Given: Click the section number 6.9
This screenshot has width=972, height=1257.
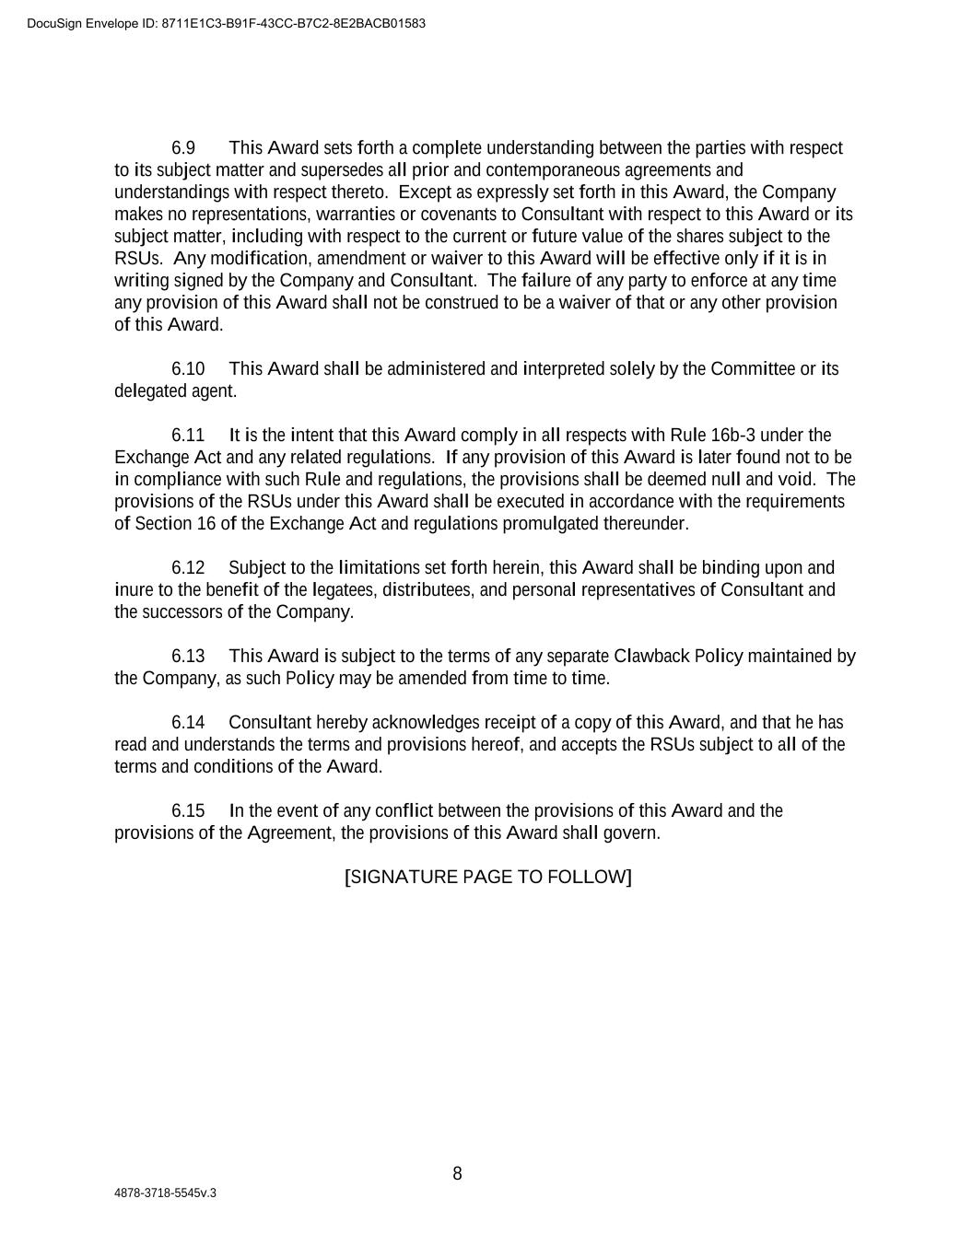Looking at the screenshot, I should pos(183,148).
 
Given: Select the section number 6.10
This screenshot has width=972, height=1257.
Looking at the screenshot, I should pos(188,369).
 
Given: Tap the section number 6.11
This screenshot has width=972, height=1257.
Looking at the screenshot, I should pos(188,436).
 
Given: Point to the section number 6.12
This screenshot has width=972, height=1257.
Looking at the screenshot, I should pos(188,568).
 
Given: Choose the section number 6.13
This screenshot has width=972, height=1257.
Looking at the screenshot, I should pos(188,657).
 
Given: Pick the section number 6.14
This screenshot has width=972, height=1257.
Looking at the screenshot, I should pos(188,723).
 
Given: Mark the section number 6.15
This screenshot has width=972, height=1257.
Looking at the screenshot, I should pos(188,811).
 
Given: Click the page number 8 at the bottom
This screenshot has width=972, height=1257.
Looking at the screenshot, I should pos(457,1174).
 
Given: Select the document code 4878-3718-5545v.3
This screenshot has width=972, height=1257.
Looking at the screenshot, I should pos(166,1193).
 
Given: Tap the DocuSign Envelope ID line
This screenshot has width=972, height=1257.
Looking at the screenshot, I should pos(227,23).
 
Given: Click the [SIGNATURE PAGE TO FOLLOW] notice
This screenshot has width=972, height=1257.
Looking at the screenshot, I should pos(488,877).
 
